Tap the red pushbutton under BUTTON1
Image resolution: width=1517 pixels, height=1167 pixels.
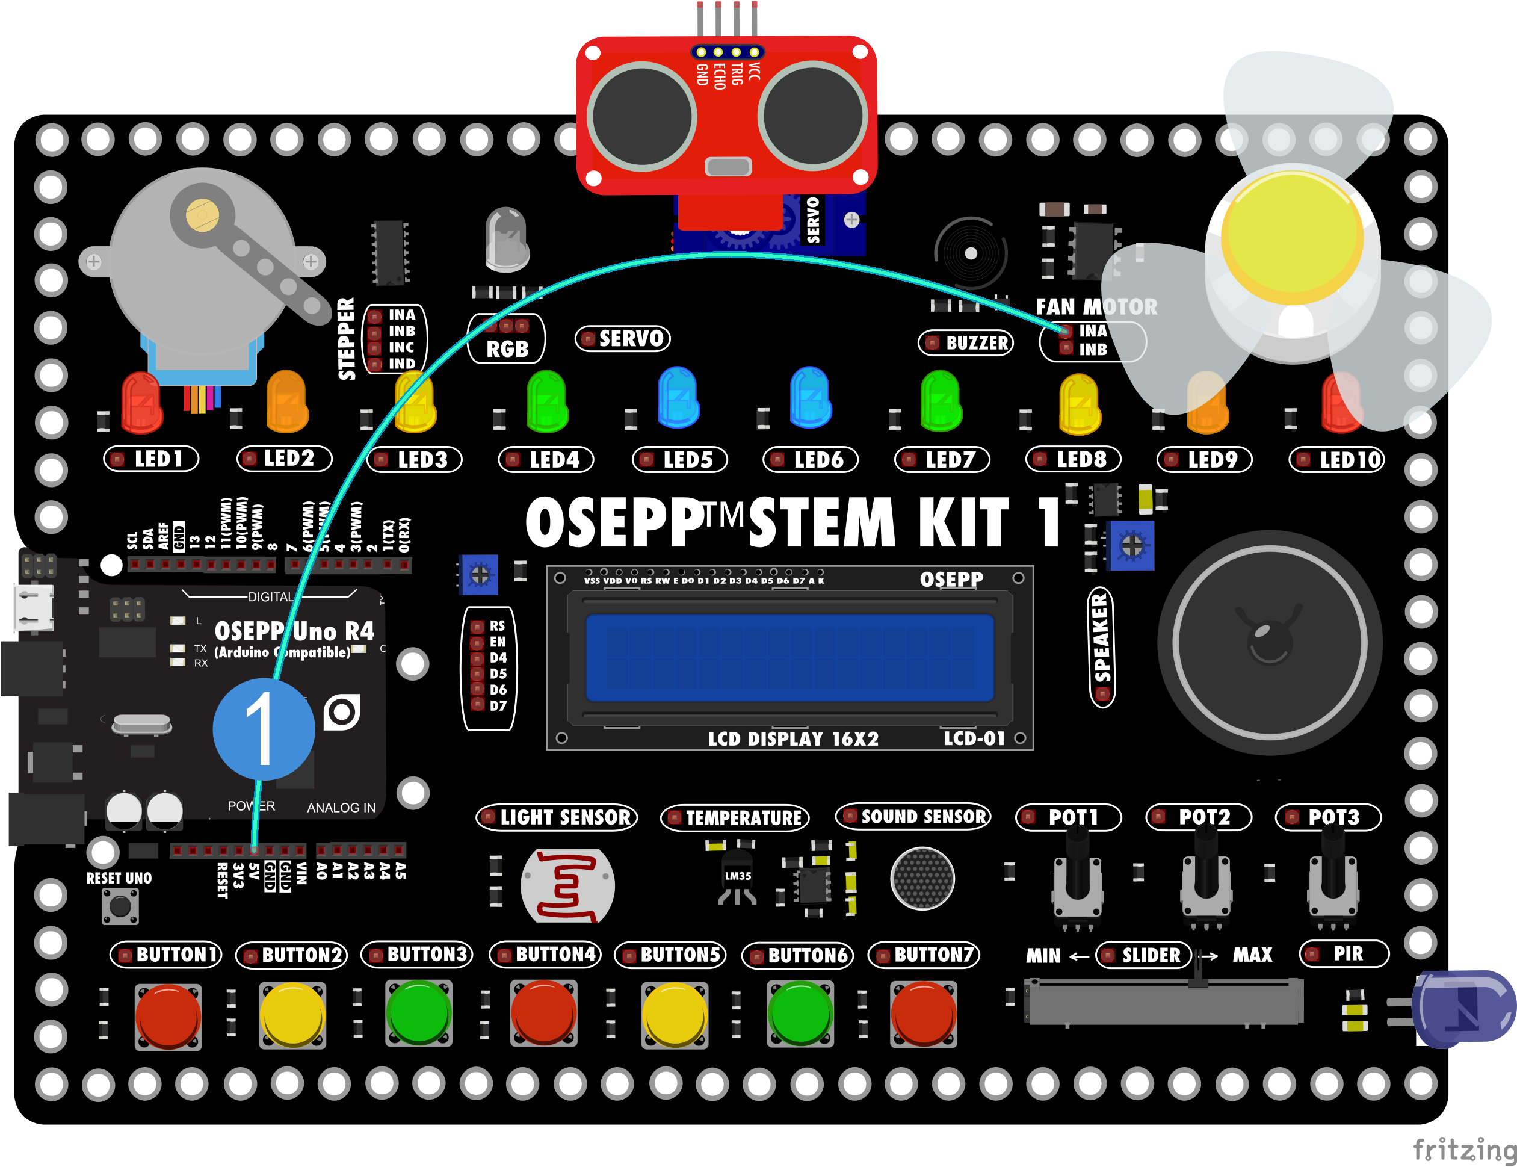(168, 1015)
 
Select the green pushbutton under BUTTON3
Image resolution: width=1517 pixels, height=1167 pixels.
(419, 1012)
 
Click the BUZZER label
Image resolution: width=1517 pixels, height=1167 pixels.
(966, 342)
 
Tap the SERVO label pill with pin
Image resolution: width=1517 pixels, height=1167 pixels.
(623, 338)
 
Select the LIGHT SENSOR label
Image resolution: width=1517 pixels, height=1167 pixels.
(557, 817)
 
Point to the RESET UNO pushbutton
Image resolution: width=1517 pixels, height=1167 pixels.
(120, 906)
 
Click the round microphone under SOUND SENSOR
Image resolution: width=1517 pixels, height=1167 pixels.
(922, 879)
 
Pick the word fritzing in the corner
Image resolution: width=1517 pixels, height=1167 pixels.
(1464, 1149)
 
